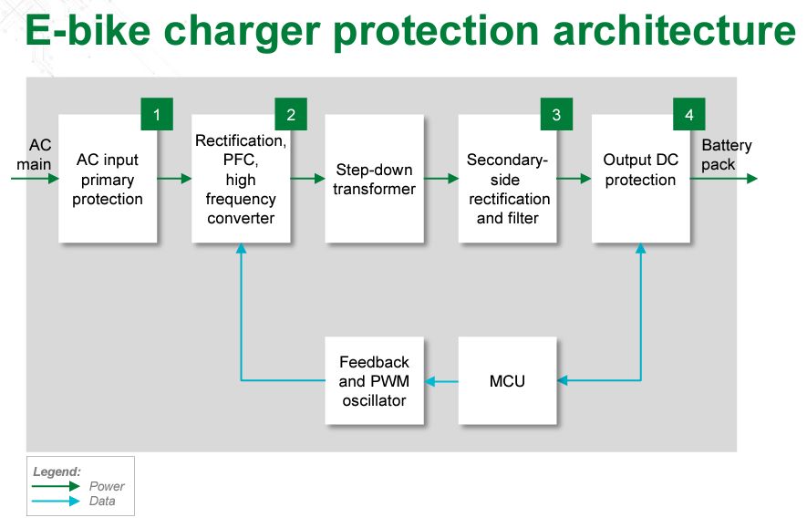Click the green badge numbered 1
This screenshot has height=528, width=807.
pyautogui.click(x=157, y=114)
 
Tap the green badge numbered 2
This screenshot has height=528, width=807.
pyautogui.click(x=291, y=114)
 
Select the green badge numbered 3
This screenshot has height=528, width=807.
pyautogui.click(x=556, y=114)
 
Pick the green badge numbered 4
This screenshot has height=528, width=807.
pyautogui.click(x=689, y=114)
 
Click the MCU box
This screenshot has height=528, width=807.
pyautogui.click(x=508, y=381)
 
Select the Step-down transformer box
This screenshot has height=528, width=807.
pyautogui.click(x=374, y=179)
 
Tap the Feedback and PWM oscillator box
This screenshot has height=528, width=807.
pyautogui.click(x=374, y=381)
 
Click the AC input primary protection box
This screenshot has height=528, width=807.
pyautogui.click(x=108, y=179)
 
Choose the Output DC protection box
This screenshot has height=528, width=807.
pyautogui.click(x=641, y=179)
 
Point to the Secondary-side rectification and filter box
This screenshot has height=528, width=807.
pyautogui.click(x=508, y=179)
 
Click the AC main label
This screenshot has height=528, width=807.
pyautogui.click(x=34, y=154)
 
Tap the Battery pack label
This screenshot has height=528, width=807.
pyautogui.click(x=726, y=154)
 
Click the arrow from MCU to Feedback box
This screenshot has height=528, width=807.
pyautogui.click(x=441, y=381)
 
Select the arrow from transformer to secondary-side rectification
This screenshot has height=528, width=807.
pyautogui.click(x=441, y=179)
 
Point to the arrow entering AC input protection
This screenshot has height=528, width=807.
pyautogui.click(x=35, y=179)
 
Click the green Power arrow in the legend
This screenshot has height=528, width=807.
pyautogui.click(x=56, y=486)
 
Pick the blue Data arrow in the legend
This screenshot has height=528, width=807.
pyautogui.click(x=56, y=501)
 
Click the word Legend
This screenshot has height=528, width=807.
pyautogui.click(x=57, y=471)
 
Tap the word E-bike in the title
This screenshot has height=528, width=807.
pyautogui.click(x=88, y=30)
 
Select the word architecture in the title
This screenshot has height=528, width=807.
pyautogui.click(x=674, y=30)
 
